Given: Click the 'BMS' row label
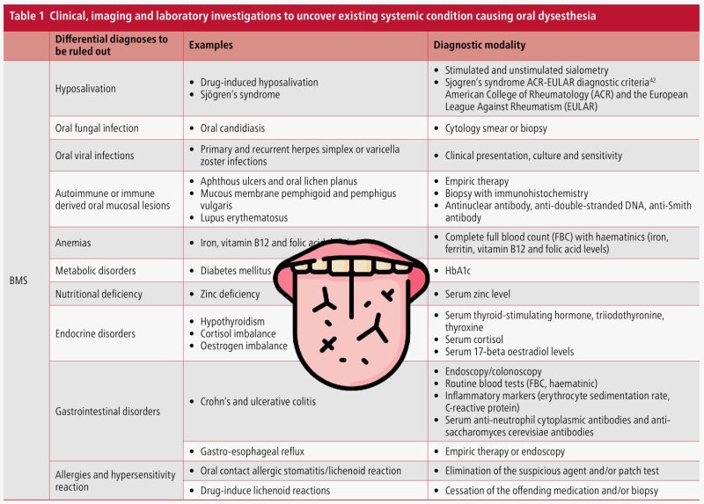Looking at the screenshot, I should coord(19,281).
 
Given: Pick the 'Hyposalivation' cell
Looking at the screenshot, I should coord(85,89).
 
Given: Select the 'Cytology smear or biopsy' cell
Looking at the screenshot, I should coord(495,128).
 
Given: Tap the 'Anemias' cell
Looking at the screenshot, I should coord(73,243).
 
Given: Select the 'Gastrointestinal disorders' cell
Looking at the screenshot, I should coord(107,411).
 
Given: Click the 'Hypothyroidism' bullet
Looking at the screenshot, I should coord(234,322).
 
